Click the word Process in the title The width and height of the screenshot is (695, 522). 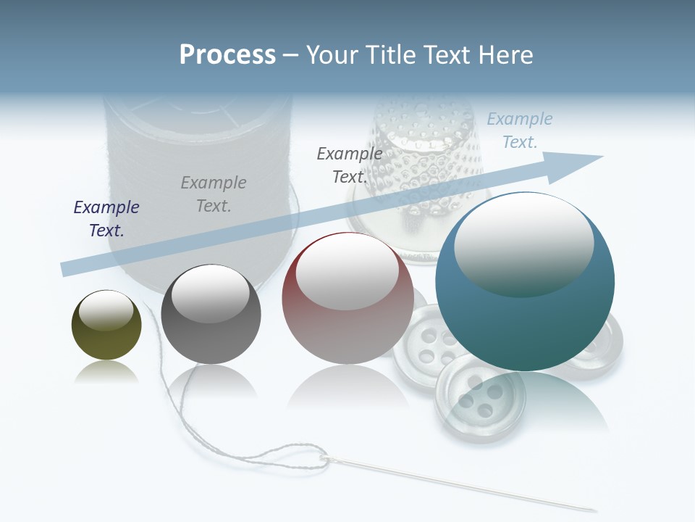tap(227, 55)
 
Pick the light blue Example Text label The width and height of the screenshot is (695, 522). tap(519, 130)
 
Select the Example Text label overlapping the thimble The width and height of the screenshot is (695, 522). tap(350, 165)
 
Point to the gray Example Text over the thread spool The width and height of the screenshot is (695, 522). tap(214, 194)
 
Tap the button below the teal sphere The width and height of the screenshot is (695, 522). tap(471, 399)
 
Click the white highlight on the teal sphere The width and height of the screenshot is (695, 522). tap(523, 243)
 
